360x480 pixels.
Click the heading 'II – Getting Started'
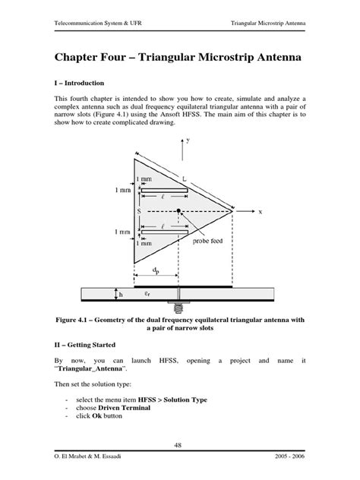tap(90, 343)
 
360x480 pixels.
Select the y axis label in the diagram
tap(187, 141)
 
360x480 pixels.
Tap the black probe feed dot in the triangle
tap(178, 210)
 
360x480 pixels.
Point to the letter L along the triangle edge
tap(185, 177)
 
